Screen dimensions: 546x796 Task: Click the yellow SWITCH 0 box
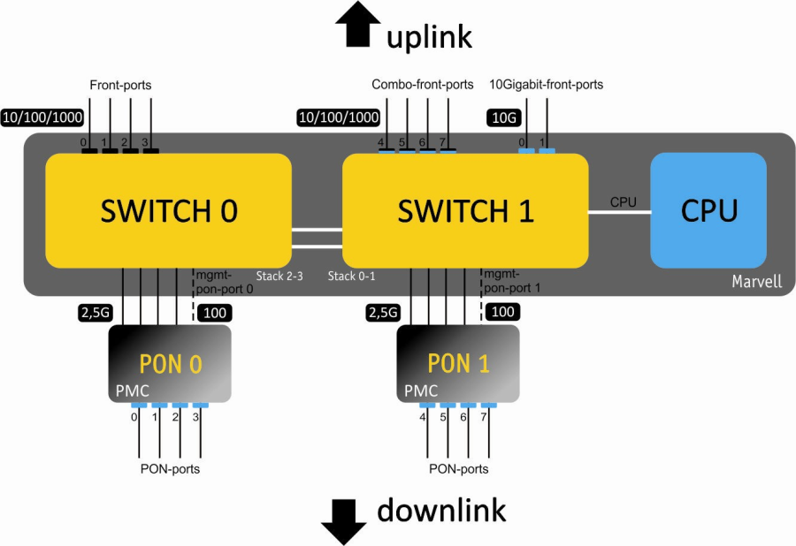click(x=168, y=210)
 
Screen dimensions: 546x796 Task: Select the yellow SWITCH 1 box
click(x=465, y=210)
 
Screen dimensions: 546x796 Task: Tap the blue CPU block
click(x=708, y=210)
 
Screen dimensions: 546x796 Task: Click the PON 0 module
click(x=170, y=364)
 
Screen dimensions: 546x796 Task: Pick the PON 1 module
click(x=458, y=364)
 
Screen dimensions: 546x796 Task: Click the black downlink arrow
click(x=343, y=523)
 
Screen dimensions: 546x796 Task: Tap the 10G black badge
click(x=503, y=118)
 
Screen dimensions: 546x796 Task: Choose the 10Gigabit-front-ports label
click(x=546, y=85)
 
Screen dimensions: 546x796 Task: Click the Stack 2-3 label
click(x=279, y=277)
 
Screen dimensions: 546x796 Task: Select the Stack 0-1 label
click(x=351, y=277)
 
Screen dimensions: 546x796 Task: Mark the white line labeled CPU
click(x=619, y=212)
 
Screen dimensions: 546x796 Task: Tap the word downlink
click(x=441, y=511)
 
